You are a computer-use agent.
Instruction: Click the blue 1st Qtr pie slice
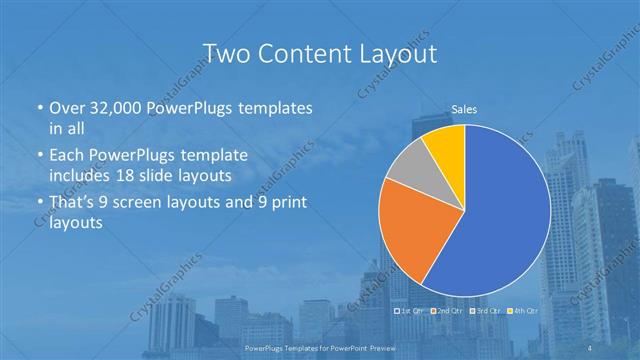(500, 220)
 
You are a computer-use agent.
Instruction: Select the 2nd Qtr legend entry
(446, 311)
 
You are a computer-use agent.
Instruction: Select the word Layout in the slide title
(395, 53)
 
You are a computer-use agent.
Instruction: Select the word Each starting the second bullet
(66, 155)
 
